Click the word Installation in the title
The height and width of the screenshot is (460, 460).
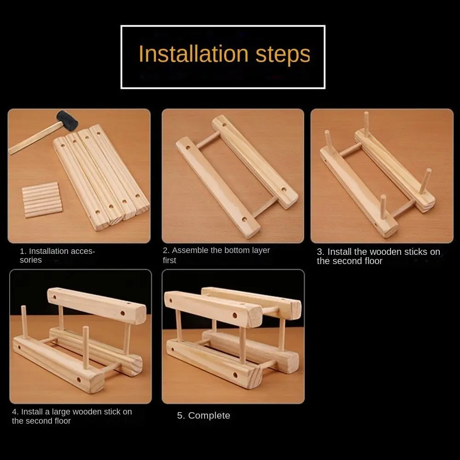194,54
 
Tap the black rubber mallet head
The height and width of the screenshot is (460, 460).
68,120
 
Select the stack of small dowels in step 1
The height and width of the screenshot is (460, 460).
42,200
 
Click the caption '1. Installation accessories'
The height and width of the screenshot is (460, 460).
57,255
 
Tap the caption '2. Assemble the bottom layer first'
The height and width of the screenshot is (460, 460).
216,255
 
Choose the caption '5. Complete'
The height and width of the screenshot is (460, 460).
204,415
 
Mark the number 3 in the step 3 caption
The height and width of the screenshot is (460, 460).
320,252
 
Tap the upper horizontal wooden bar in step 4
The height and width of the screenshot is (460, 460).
97,306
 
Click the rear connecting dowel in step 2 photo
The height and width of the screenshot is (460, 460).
208,140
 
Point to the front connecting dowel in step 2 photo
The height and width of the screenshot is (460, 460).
264,207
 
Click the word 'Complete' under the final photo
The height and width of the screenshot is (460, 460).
209,416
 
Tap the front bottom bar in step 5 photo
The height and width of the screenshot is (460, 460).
214,363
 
